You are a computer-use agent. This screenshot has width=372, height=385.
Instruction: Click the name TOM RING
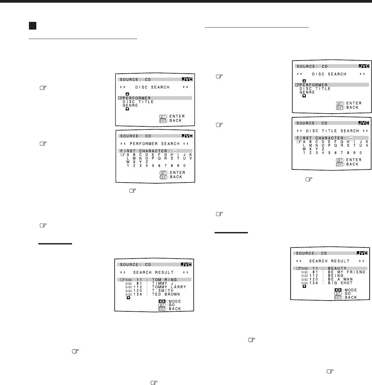pos(164,279)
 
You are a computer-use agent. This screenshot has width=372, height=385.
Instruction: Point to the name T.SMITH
pos(163,291)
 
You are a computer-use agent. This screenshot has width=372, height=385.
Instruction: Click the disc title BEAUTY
pos(337,268)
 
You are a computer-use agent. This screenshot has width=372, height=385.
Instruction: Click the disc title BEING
pos(336,276)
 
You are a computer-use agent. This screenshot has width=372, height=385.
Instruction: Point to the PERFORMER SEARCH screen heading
pos(155,143)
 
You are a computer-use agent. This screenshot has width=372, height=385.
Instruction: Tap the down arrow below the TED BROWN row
pos(128,298)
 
